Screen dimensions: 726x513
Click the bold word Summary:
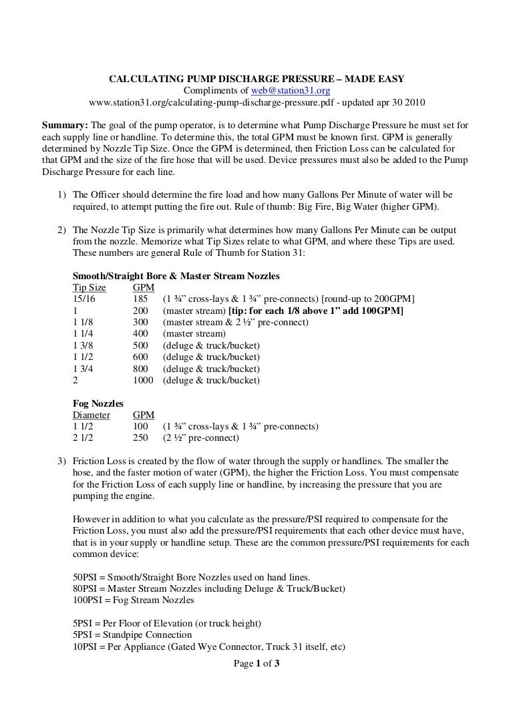[63, 125]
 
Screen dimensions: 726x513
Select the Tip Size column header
[89, 287]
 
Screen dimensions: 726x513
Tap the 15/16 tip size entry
[83, 299]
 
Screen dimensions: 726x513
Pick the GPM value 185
[141, 299]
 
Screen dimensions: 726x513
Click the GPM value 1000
[143, 380]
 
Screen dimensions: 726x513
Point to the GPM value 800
[141, 369]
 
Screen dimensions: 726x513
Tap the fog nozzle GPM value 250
[141, 438]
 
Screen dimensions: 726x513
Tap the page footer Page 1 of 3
[256, 663]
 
